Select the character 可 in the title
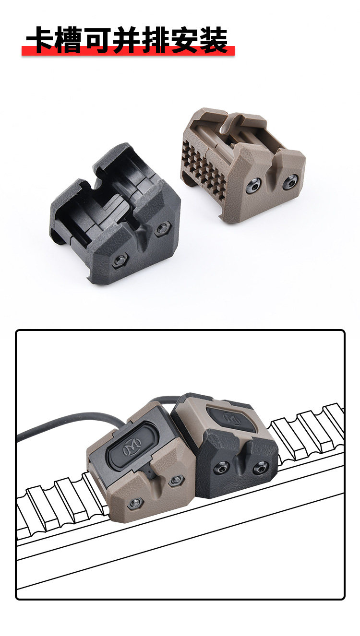(x=97, y=40)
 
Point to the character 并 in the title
(x=126, y=40)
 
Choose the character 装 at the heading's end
(x=213, y=40)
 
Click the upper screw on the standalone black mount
(x=163, y=229)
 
